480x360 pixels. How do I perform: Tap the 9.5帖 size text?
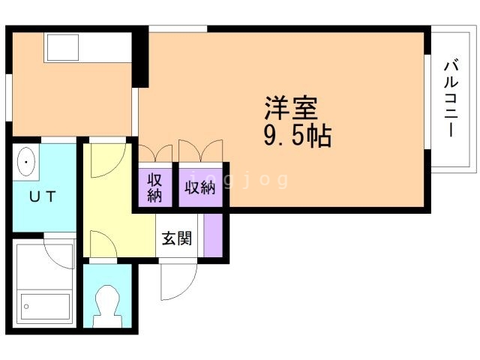coord(297,136)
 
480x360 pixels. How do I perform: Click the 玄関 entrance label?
coord(178,238)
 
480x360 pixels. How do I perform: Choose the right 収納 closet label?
coord(200,187)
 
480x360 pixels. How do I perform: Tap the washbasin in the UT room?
coord(26,162)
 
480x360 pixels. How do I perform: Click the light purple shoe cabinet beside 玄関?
coord(213,236)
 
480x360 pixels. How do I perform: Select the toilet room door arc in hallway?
coord(100,245)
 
